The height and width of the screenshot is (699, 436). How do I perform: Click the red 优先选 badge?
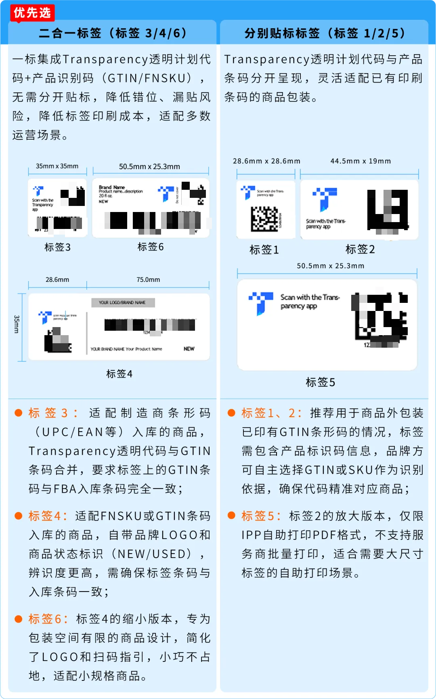point(32,13)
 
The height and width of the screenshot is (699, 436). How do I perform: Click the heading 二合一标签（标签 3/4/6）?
point(113,33)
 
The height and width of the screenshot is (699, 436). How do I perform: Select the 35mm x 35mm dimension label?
point(57,166)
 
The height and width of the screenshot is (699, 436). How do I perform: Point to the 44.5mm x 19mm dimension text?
point(361,161)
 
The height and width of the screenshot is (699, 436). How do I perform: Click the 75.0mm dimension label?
point(148,279)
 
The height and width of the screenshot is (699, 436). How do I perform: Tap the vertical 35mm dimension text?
point(17,324)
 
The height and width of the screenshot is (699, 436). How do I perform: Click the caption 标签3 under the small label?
point(57,247)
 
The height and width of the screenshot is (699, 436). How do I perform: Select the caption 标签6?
point(151,247)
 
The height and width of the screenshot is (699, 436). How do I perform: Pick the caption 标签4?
point(119,374)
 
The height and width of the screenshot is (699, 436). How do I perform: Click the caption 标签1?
point(264,250)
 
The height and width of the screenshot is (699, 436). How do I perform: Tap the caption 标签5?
point(320,382)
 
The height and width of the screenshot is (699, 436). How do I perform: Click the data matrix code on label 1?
point(265,219)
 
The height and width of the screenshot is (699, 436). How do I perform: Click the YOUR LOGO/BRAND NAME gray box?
point(122,302)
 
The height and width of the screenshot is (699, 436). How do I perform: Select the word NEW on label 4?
point(189,348)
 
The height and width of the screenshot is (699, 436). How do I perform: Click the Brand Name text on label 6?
point(112,187)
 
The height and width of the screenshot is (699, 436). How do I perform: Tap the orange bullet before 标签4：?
point(18,516)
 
